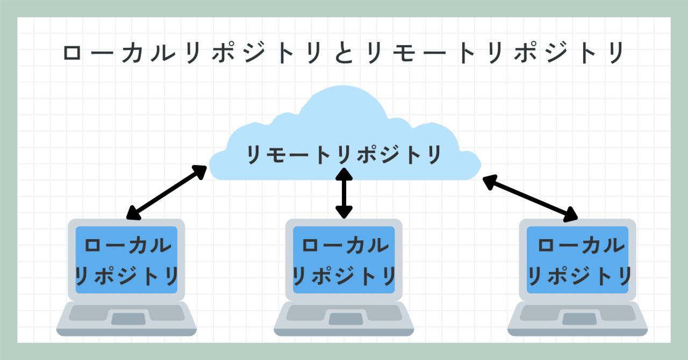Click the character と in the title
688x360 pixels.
344,53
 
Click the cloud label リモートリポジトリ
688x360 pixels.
344,155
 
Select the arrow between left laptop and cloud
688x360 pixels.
167,192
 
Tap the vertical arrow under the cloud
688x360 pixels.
344,193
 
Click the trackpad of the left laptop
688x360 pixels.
128,319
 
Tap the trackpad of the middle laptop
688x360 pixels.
346,319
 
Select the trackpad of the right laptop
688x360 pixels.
579,319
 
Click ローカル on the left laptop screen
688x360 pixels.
128,246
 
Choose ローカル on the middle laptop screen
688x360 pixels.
346,246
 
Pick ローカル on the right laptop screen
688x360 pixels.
582,246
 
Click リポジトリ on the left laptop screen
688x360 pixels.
126,276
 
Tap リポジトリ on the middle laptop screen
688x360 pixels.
344,276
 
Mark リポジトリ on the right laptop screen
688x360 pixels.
579,276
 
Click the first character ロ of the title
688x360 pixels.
72,53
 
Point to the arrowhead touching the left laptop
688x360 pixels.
133,213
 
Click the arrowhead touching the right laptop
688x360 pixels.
571,215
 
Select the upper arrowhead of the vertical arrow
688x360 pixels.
344,174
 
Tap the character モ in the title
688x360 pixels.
404,53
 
